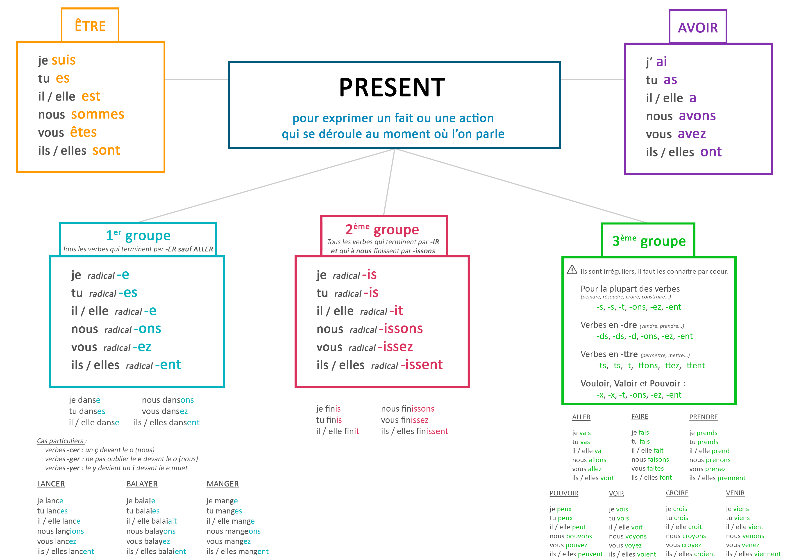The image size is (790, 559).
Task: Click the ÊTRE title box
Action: tap(90, 25)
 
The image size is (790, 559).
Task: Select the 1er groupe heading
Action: tap(138, 236)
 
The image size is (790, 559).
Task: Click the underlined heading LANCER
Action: tap(51, 484)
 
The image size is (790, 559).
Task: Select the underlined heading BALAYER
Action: tap(142, 484)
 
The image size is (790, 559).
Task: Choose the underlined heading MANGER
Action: tap(222, 484)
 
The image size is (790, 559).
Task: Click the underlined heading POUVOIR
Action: tap(564, 493)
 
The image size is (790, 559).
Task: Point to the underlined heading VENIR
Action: tap(735, 493)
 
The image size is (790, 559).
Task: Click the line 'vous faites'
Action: tap(647, 468)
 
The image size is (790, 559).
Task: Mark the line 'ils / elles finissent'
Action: tap(414, 431)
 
